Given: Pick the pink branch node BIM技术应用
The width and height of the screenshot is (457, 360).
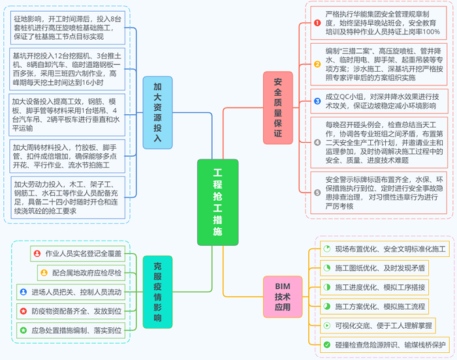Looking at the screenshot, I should point(282,297).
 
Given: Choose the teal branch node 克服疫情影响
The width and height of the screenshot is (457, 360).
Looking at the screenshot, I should point(157,292).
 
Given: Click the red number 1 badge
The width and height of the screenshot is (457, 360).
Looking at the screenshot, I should point(317,22).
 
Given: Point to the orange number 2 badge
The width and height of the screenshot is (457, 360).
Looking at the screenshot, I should point(317,65).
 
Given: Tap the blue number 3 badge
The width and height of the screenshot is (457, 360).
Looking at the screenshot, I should point(317,101).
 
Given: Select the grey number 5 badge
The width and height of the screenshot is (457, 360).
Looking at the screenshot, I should point(317,192).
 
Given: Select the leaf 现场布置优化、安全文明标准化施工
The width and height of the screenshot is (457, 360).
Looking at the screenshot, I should point(386,249).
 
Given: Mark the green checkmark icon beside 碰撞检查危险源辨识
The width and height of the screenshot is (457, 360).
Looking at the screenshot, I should point(327,344).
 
